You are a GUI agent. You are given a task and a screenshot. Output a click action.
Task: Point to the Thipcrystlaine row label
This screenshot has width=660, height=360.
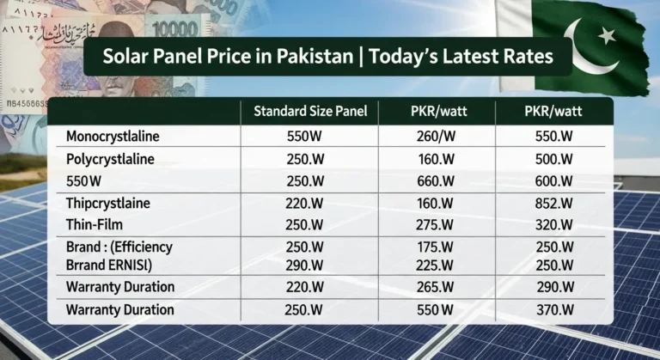click(108, 204)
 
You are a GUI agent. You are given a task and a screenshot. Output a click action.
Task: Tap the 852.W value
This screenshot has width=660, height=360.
click(553, 204)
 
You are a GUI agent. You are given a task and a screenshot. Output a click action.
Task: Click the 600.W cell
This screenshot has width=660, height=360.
click(553, 180)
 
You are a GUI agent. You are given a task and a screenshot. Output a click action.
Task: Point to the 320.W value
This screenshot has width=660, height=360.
click(553, 225)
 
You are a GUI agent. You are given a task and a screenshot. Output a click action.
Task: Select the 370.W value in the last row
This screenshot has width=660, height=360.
click(553, 309)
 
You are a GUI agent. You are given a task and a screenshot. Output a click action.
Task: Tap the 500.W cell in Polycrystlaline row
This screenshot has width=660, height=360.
click(553, 159)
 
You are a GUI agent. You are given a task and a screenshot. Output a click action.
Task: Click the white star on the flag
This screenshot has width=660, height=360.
click(607, 35)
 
